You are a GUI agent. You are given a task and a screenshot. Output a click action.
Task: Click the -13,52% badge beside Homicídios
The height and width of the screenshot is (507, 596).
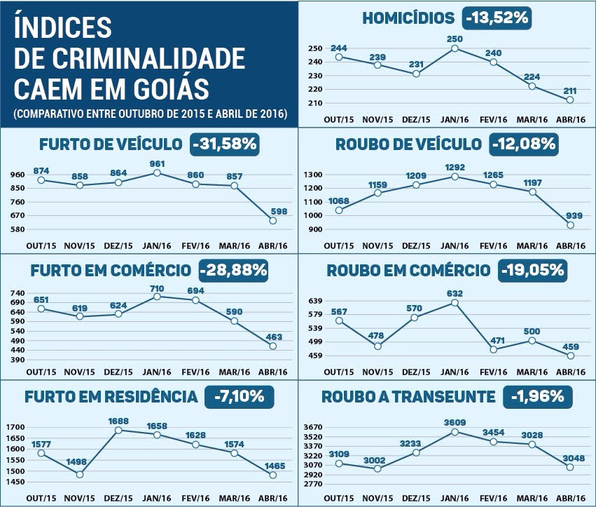(x=496, y=18)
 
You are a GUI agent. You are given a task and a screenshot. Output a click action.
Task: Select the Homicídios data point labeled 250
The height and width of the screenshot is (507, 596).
(x=455, y=48)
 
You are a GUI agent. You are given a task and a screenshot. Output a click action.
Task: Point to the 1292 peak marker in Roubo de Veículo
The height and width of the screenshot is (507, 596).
(x=455, y=177)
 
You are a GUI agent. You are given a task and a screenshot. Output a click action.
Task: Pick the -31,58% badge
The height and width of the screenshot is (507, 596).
(x=225, y=145)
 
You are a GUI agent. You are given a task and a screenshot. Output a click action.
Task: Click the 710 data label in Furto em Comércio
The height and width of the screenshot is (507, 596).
(x=157, y=288)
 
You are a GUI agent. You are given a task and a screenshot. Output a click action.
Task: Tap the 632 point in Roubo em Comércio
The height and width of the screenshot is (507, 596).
(x=455, y=303)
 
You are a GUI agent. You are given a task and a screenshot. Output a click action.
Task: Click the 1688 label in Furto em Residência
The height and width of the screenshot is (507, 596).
(x=118, y=422)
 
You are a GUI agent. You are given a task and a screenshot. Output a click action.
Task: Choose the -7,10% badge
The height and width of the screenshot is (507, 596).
(x=239, y=396)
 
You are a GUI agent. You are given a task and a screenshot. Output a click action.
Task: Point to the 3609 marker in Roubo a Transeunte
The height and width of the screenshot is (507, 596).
(x=455, y=432)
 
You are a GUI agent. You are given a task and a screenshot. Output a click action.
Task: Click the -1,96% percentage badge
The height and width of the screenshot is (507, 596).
(x=537, y=396)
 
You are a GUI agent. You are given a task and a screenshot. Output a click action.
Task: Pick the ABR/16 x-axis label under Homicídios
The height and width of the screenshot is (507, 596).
(x=570, y=121)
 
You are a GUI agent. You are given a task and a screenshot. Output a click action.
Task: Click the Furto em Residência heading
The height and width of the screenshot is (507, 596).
(x=111, y=397)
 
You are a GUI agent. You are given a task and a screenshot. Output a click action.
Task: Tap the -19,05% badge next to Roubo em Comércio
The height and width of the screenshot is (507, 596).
(x=532, y=270)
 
